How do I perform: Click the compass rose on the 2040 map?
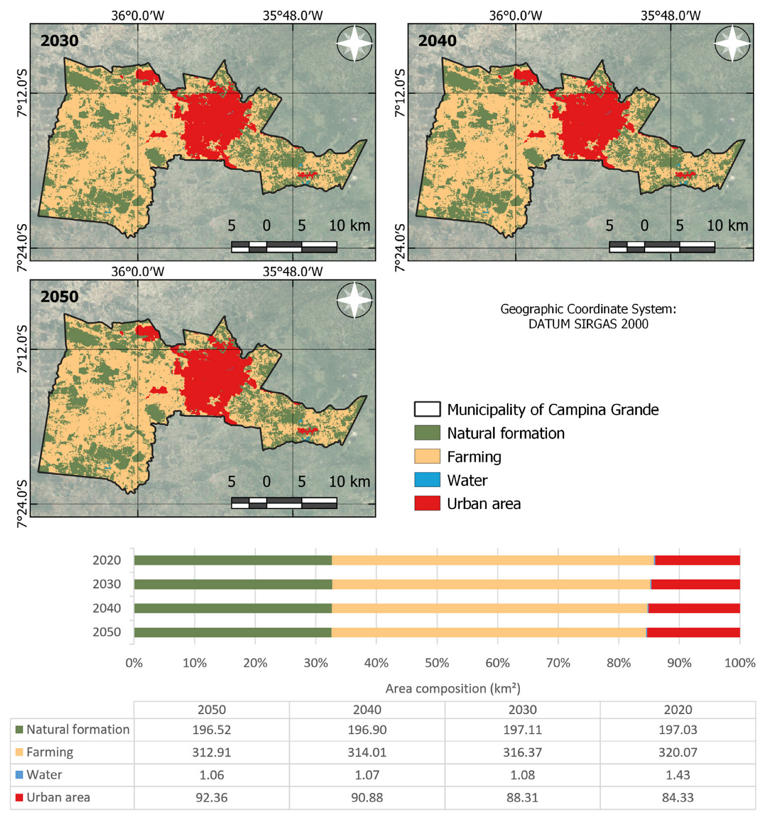point(732,43)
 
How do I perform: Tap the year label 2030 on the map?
point(59,40)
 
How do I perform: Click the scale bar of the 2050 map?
point(284,502)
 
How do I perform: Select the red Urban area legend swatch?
point(427,503)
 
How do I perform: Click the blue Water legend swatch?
point(427,480)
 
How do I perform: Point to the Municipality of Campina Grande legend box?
point(427,409)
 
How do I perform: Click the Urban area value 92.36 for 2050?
point(211,797)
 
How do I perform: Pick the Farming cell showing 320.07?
point(678,752)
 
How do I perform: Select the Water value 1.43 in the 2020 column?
point(678,775)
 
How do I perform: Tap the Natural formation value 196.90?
point(367,729)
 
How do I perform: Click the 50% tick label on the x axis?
point(437,663)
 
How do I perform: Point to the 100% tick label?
point(739,663)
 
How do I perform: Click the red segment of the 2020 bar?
point(697,561)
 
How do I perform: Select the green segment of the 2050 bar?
point(232,632)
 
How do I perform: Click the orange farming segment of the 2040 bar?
point(489,608)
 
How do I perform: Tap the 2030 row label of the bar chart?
point(107,584)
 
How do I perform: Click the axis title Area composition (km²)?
point(453,689)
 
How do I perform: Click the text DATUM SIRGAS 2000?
point(588,324)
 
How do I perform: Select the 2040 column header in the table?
point(367,709)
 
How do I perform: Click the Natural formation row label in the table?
point(78,729)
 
